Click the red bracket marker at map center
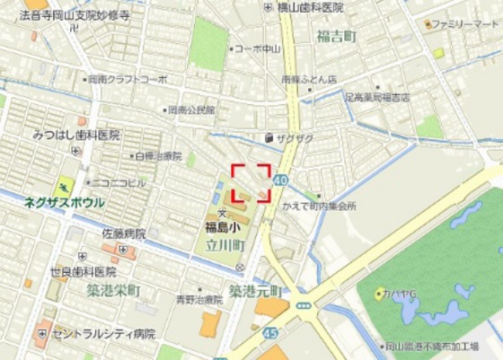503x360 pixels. [x=251, y=182]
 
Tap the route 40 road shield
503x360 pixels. [x=283, y=180]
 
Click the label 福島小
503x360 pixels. [x=219, y=226]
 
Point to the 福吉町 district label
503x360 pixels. [x=337, y=36]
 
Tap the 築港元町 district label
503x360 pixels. [x=255, y=291]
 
